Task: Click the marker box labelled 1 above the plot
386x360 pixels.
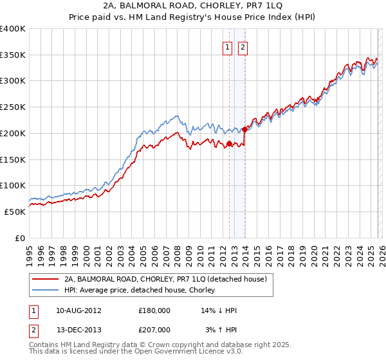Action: point(228,46)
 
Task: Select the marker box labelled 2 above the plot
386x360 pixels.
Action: point(243,46)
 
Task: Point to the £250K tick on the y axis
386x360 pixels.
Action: point(13,107)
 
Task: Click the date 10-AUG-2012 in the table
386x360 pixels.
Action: point(78,310)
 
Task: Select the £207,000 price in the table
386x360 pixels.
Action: point(154,329)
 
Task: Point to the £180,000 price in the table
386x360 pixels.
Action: point(154,310)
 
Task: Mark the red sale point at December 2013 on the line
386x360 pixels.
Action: point(244,130)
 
